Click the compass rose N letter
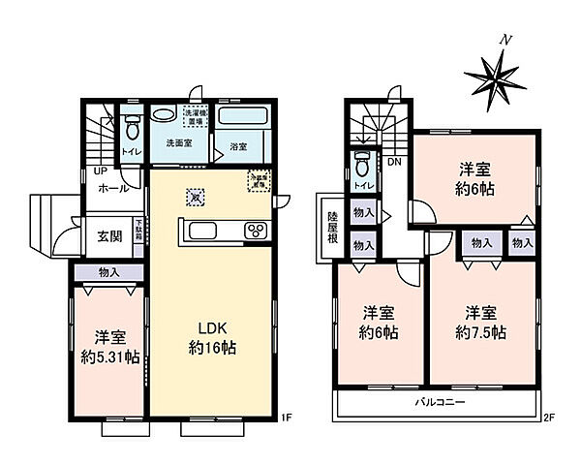pyautogui.click(x=504, y=41)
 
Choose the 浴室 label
pyautogui.click(x=239, y=145)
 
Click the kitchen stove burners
pyautogui.click(x=256, y=230)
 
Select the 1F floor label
pyautogui.click(x=286, y=418)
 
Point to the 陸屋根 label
pyautogui.click(x=331, y=231)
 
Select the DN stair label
pyautogui.click(x=394, y=162)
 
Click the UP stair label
pyautogui.click(x=101, y=172)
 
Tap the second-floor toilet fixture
pyautogui.click(x=363, y=160)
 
